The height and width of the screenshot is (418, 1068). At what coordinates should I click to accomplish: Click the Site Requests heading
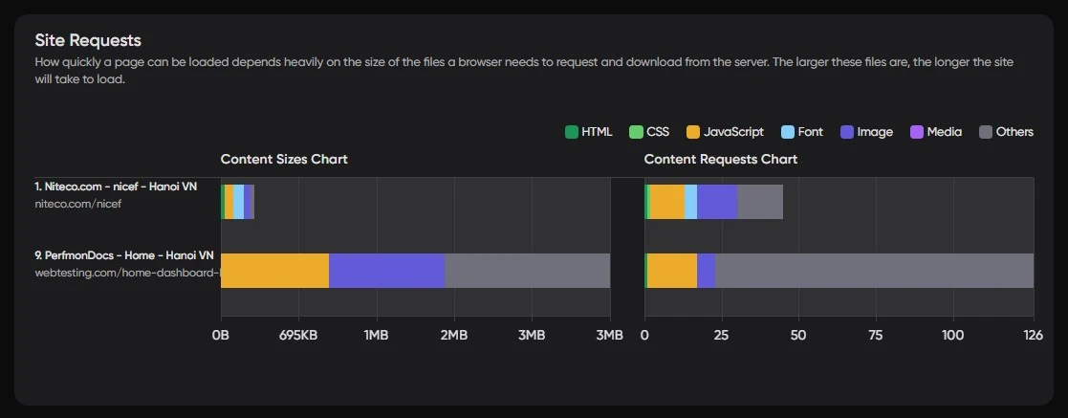tap(88, 40)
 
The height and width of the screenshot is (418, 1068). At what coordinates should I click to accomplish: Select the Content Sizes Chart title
tap(284, 159)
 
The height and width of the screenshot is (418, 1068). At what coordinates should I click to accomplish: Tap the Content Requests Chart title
tap(720, 159)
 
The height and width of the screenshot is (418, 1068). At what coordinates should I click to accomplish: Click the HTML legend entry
tap(589, 132)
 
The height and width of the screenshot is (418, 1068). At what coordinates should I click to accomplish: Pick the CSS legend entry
tap(649, 132)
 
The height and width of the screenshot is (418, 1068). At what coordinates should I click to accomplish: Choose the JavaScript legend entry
tap(726, 132)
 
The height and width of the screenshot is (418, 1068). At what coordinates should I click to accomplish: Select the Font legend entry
tap(802, 132)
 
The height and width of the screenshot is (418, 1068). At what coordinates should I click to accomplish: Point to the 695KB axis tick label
tap(298, 335)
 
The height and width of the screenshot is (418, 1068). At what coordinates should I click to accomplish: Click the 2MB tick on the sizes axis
tap(453, 335)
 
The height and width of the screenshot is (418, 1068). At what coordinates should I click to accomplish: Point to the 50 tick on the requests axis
tap(798, 335)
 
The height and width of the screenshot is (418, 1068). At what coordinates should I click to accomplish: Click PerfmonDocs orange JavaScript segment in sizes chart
tap(275, 271)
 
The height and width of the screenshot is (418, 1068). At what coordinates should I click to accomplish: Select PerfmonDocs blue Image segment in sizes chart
tap(386, 271)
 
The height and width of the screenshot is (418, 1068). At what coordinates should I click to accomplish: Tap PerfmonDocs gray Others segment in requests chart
tap(874, 271)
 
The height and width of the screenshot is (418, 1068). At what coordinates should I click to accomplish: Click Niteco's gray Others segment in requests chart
tap(760, 202)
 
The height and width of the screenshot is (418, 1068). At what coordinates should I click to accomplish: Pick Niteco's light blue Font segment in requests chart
tap(690, 202)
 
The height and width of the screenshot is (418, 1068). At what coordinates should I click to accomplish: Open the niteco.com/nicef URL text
tap(78, 204)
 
